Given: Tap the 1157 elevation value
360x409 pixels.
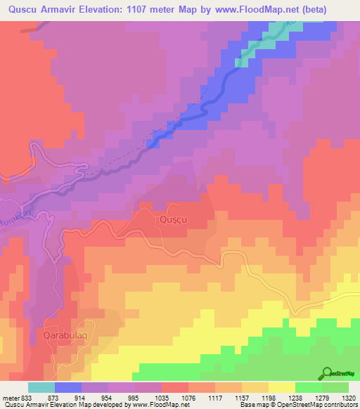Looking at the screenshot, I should coord(243,398).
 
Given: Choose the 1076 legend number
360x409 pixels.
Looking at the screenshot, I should coord(189,398).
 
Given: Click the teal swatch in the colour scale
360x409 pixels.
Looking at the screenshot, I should coord(41,387).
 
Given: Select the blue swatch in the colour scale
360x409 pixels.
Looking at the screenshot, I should coord(68,387).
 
